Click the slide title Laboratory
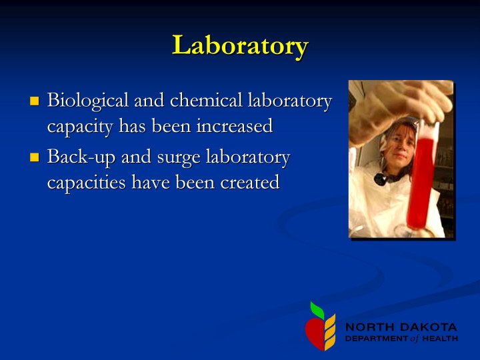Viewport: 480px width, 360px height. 240,46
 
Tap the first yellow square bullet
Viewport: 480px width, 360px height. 35,101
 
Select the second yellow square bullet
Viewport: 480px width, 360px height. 35,157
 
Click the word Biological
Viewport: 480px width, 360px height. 88,101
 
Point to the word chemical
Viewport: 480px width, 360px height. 206,101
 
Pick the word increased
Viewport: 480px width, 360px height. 235,126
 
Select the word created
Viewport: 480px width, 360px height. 250,183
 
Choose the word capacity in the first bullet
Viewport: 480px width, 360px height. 80,127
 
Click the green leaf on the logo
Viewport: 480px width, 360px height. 317,310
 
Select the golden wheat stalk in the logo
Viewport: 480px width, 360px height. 330,332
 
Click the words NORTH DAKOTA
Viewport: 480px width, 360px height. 401,327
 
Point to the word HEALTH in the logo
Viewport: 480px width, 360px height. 440,339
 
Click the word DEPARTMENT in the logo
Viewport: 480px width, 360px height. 377,339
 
